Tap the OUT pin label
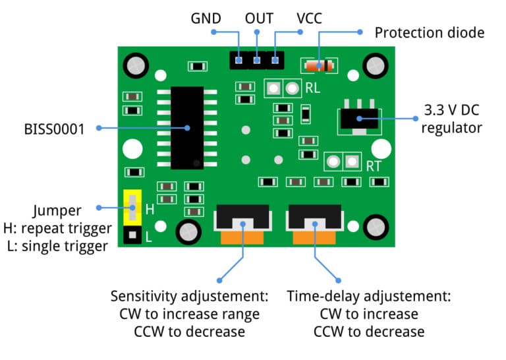click(x=259, y=18)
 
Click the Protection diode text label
click(x=429, y=32)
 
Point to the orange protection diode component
click(x=319, y=65)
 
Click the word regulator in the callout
click(x=452, y=127)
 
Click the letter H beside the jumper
click(x=150, y=210)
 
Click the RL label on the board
click(x=313, y=88)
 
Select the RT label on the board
click(x=374, y=166)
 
